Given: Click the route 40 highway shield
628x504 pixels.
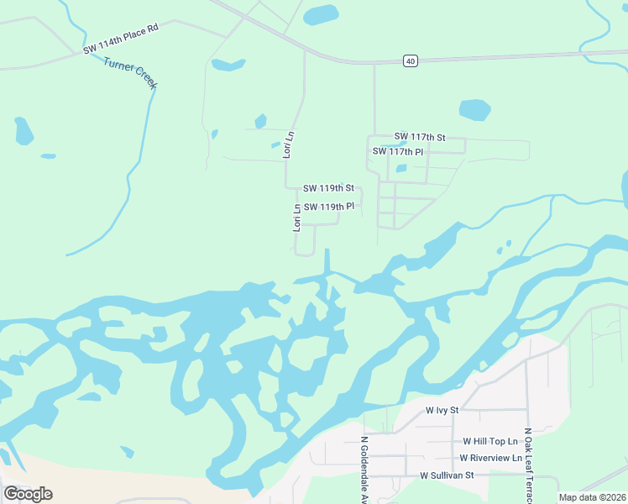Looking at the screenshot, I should point(410,60).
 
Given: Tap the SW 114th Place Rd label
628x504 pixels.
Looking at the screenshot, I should point(121,40).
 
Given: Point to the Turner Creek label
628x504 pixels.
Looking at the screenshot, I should point(130,73).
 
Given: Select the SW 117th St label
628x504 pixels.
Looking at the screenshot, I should point(419,137).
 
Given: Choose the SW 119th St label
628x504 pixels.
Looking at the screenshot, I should point(328,188).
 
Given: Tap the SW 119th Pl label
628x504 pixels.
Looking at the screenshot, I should point(328,207).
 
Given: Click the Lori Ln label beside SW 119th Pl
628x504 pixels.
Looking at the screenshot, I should point(296,218).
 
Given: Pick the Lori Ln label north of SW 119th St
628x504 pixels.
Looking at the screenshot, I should point(289,144).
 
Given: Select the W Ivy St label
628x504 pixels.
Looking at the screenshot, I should point(442,410).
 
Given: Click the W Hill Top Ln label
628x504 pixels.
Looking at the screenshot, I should point(490,441).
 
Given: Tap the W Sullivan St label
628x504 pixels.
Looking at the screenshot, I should point(447,475).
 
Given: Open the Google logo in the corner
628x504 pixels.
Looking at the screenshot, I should point(28,494).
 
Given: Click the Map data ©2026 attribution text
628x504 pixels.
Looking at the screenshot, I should point(592,497).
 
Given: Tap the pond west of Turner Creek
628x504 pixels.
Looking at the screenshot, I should point(24,131).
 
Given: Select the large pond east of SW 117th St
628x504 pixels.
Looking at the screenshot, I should point(474,109).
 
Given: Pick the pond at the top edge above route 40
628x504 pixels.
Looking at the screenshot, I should point(320,14).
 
